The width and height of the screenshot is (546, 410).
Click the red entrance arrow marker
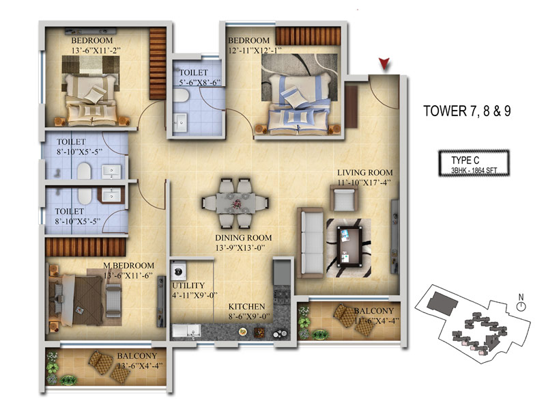point(384,64)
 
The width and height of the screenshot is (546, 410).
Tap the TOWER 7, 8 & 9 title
point(467,111)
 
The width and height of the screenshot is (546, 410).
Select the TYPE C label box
point(474,163)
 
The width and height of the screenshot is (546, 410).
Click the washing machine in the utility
point(178,271)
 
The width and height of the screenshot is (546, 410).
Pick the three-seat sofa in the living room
point(310,243)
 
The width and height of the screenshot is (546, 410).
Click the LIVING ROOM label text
point(364,173)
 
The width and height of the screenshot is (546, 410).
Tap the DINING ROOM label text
point(243,238)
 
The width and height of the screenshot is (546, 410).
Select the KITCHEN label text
point(246,306)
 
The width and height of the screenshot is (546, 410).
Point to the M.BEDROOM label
point(128,266)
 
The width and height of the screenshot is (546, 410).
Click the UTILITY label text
point(188,286)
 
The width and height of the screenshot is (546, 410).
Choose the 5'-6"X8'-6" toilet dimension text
point(200,83)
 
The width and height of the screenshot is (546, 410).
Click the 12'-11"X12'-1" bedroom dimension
point(255,51)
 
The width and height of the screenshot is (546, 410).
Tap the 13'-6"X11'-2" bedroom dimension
point(96,51)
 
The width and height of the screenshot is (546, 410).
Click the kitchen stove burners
point(281,297)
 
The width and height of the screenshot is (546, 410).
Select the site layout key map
point(472,324)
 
